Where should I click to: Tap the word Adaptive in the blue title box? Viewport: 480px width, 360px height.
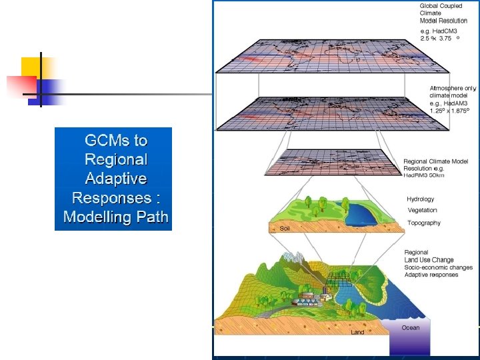coord(116,179)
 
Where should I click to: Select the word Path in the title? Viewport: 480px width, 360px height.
coord(153,217)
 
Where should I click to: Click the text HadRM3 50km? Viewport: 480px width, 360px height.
coord(424,175)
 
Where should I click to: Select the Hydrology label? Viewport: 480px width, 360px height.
coord(421,199)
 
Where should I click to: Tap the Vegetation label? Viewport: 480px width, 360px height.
coord(423,211)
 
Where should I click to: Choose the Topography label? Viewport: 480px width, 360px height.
coord(424,223)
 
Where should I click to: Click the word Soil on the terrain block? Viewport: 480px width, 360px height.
coord(285,228)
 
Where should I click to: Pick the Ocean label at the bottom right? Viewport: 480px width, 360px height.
coord(411,327)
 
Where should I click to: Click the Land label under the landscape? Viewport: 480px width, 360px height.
coord(358,332)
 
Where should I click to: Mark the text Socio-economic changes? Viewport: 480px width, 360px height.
coord(438,267)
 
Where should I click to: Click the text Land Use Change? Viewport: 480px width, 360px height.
coord(429,260)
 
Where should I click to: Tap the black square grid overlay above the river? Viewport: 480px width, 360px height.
coord(340,279)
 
